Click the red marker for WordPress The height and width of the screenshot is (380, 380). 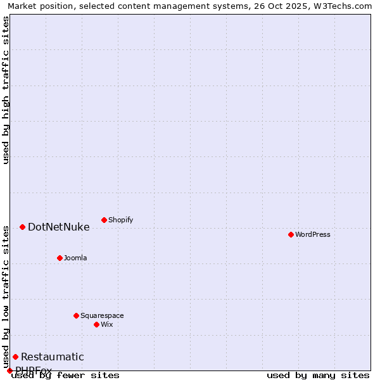pyautogui.click(x=291, y=234)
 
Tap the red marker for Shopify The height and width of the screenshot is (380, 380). pyautogui.click(x=104, y=220)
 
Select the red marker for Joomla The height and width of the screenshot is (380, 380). pyautogui.click(x=60, y=258)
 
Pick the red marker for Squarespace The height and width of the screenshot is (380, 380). pyautogui.click(x=76, y=315)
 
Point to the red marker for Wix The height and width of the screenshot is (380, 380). pyautogui.click(x=96, y=324)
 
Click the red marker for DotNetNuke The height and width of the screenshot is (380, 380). pyautogui.click(x=22, y=227)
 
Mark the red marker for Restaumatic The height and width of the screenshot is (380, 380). pyautogui.click(x=15, y=357)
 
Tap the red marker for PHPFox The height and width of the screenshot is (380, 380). pyautogui.click(x=9, y=370)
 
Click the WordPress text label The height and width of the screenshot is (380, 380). pyautogui.click(x=313, y=234)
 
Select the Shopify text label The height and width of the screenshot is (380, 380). pyautogui.click(x=120, y=220)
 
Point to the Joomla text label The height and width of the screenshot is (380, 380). pyautogui.click(x=75, y=258)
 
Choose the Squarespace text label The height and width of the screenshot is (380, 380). pyautogui.click(x=102, y=315)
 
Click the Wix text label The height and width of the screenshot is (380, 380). pyautogui.click(x=106, y=324)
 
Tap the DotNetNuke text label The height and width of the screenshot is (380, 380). pyautogui.click(x=58, y=227)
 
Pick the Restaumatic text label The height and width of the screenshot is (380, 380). pyautogui.click(x=52, y=357)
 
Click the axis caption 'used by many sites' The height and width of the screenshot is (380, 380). pyautogui.click(x=318, y=375)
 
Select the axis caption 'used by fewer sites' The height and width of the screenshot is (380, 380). pyautogui.click(x=65, y=375)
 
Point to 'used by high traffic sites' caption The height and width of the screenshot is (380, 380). pyautogui.click(x=6, y=90)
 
